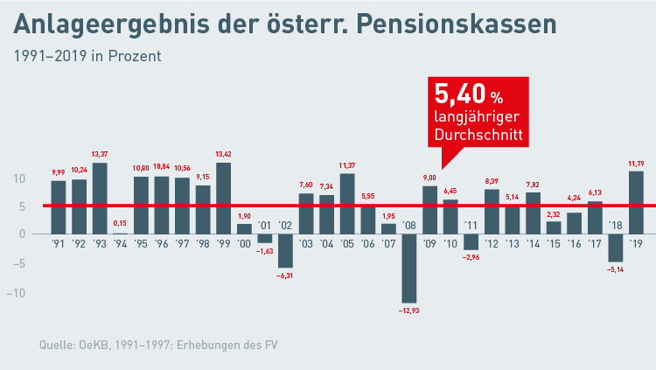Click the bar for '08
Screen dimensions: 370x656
point(409,269)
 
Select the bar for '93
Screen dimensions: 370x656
point(100,198)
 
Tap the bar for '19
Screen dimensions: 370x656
point(636,202)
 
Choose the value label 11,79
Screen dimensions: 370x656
point(636,164)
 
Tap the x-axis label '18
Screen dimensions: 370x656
point(615,226)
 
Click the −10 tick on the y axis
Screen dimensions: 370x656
point(17,292)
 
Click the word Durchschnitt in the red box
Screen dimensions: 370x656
point(478,136)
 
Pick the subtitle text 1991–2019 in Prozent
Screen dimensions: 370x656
point(87,56)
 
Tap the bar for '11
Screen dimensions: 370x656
point(471,242)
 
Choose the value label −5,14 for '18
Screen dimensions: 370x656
point(615,269)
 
